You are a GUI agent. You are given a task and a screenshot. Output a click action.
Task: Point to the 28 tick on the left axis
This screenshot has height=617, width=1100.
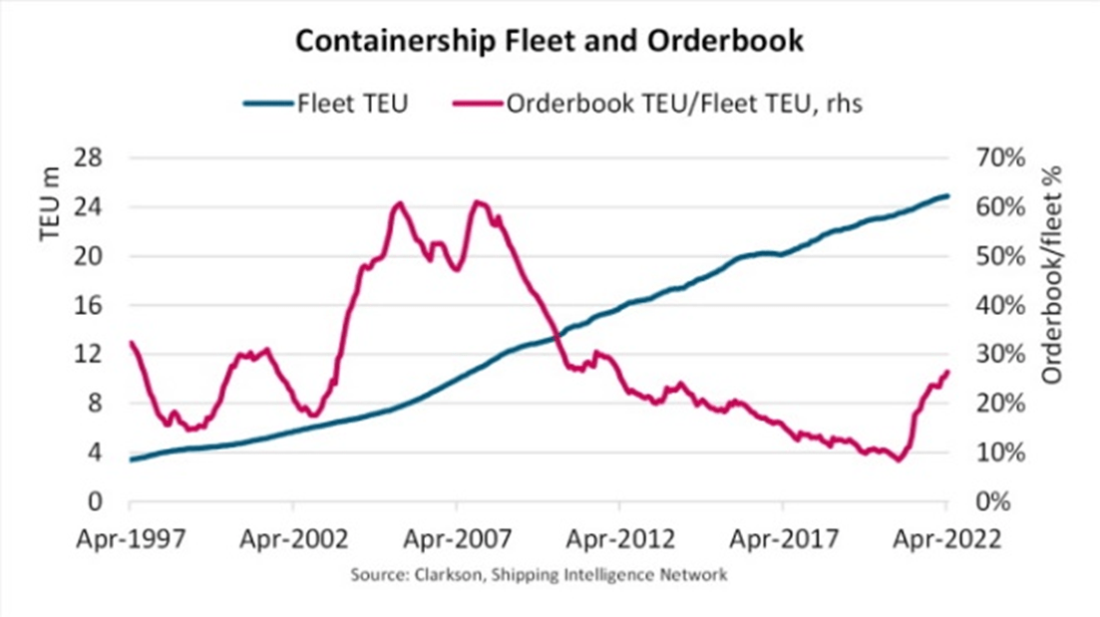tap(93, 158)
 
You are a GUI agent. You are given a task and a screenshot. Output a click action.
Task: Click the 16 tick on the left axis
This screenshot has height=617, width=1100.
tap(93, 306)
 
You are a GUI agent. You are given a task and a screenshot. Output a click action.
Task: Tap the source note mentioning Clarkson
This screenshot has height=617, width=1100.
tap(540, 575)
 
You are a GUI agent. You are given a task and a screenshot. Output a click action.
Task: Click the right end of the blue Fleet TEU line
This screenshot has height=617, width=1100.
tap(947, 195)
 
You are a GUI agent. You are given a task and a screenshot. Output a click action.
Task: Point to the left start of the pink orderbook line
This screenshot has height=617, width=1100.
tap(131, 342)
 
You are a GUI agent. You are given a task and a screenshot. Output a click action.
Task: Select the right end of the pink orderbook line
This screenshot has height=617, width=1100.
tap(947, 371)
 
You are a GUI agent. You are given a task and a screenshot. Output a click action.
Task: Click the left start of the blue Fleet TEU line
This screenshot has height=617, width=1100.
tap(131, 460)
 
